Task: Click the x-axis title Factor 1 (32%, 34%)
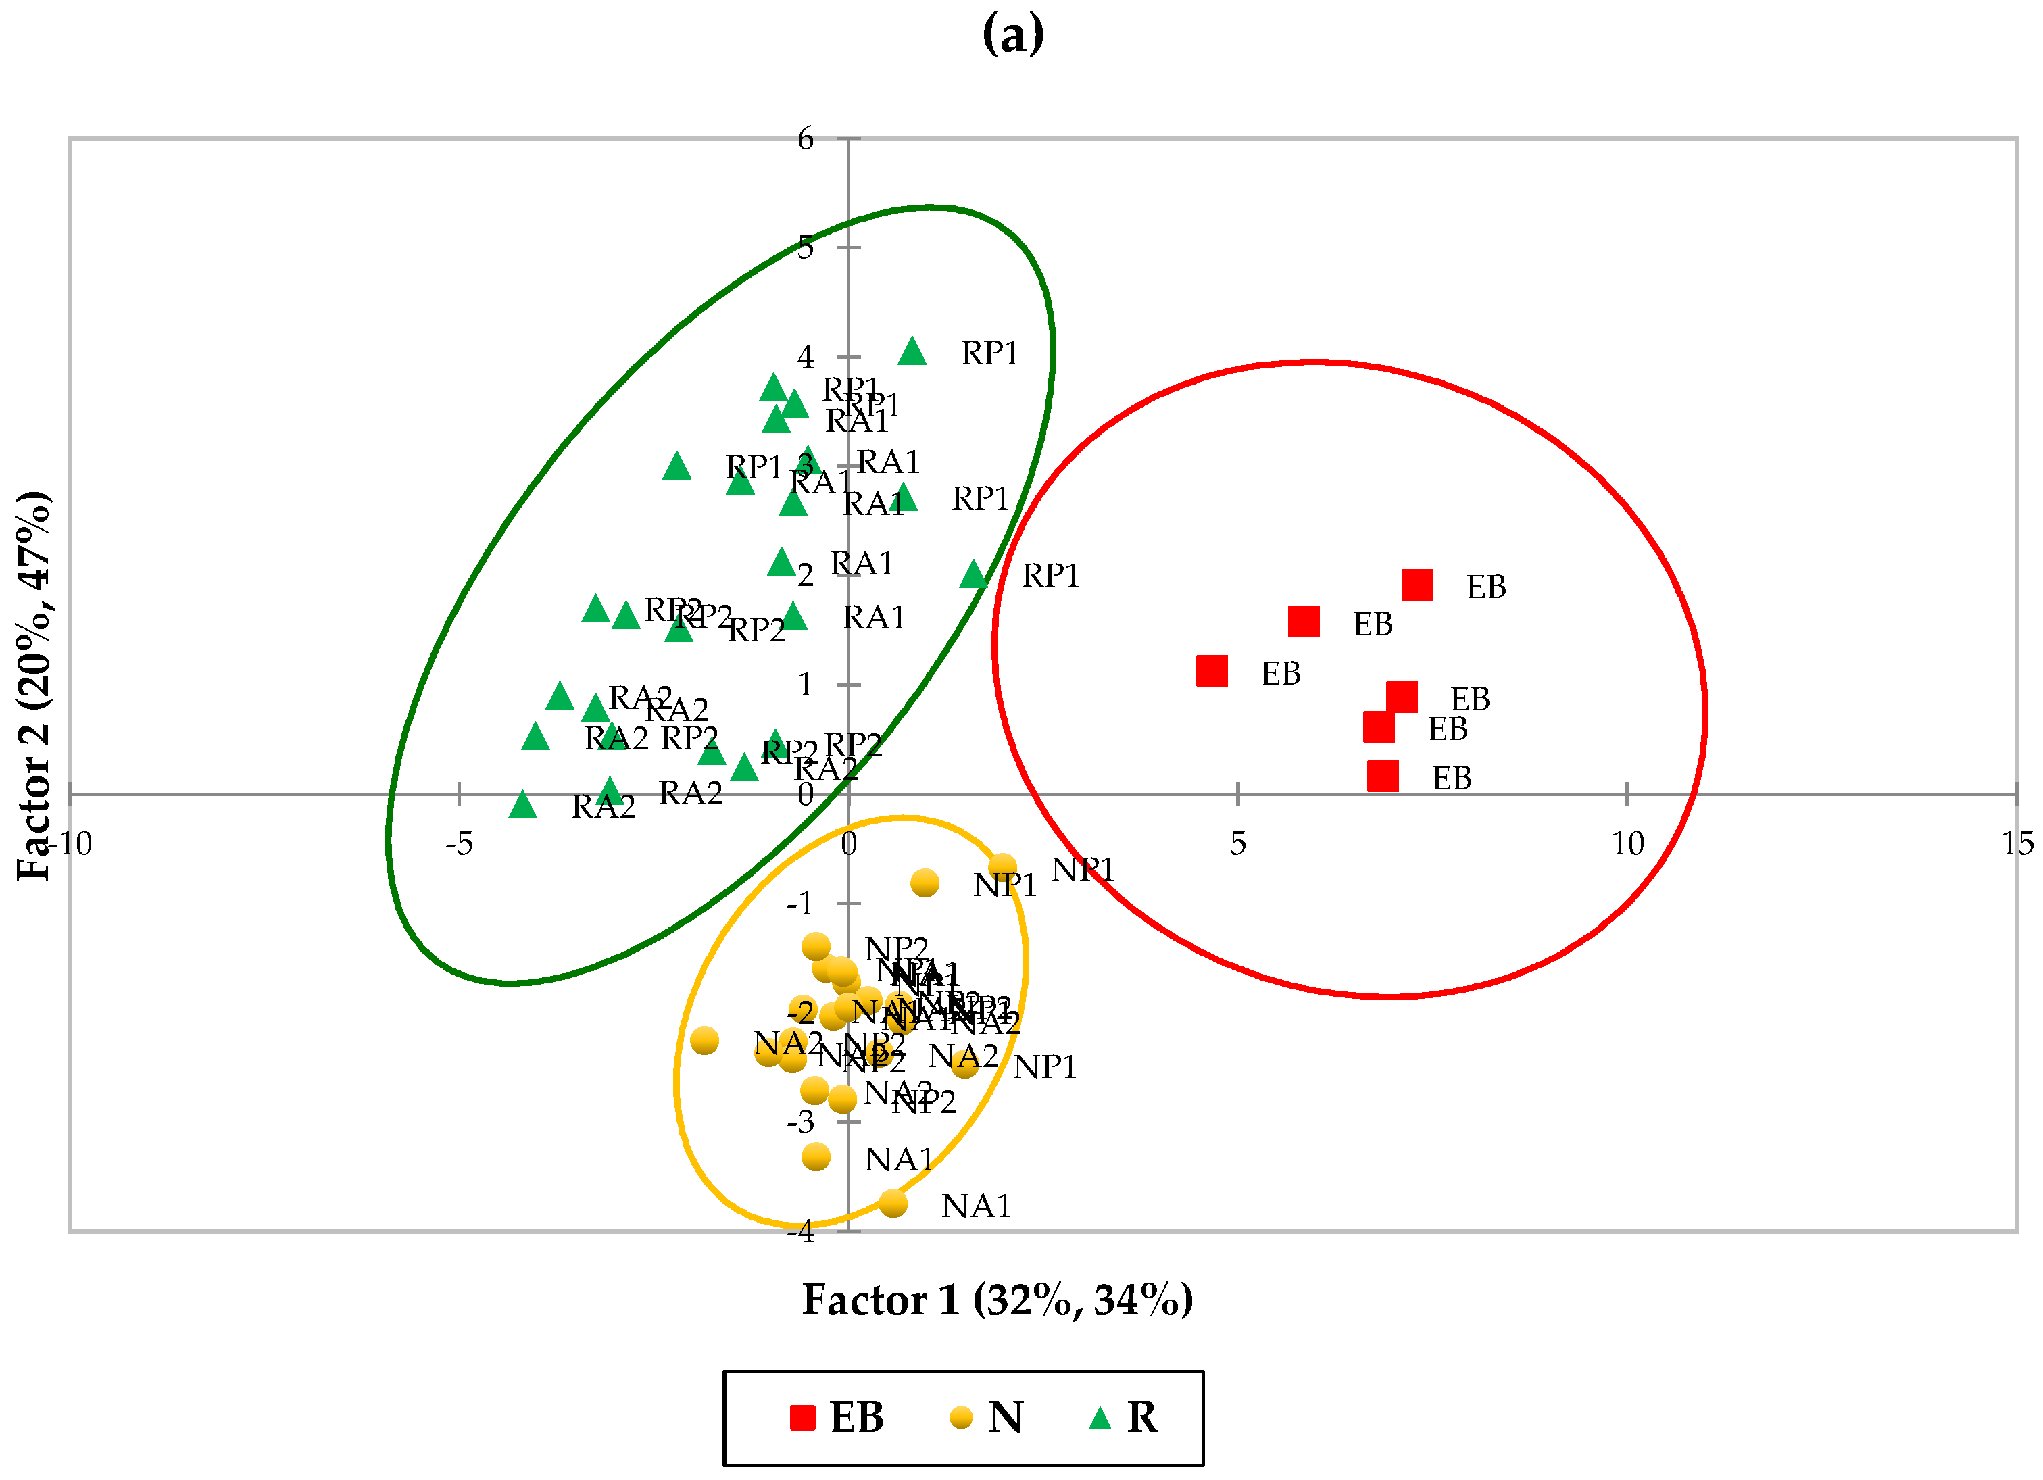(x=998, y=1300)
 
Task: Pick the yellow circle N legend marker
(x=961, y=1418)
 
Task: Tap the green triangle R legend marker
(x=1100, y=1418)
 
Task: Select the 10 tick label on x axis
(x=1627, y=844)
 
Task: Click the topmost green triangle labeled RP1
(x=912, y=351)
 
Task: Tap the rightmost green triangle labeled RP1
(x=973, y=574)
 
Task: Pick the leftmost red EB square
(x=1212, y=670)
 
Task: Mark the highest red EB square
(x=1417, y=584)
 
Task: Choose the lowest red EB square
(x=1383, y=776)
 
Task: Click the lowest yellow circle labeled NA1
(x=893, y=1202)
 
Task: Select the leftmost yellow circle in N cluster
(x=704, y=1041)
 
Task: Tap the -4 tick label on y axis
(x=801, y=1231)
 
